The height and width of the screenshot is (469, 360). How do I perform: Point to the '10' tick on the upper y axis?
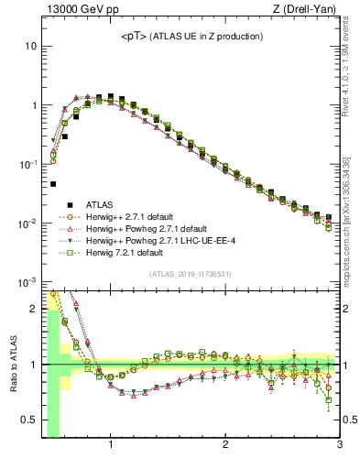click(30, 46)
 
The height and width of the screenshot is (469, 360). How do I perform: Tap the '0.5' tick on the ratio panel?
click(29, 420)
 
